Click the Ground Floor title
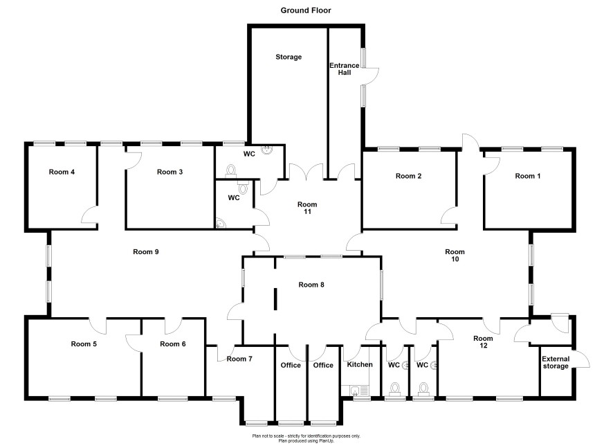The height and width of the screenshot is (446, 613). [306, 10]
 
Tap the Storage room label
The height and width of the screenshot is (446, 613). [289, 57]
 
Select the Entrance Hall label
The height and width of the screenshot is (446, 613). [345, 69]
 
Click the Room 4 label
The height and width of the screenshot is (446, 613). [62, 172]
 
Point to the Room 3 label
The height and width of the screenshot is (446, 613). [170, 172]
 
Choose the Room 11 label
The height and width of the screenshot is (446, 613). [307, 208]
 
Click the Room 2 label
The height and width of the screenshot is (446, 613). [408, 176]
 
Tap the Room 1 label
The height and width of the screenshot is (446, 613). [528, 176]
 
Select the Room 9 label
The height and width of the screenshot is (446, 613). [146, 251]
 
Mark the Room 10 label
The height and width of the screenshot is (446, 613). [455, 256]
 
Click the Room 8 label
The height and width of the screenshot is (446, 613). [311, 285]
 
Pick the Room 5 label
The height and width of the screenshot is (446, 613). [84, 344]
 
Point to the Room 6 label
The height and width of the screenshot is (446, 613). [173, 344]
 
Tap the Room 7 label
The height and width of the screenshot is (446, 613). [239, 359]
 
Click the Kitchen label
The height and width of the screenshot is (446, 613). [360, 364]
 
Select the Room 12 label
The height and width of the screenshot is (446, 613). [483, 342]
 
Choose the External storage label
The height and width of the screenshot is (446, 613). [556, 362]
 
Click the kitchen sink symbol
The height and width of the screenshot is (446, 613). [355, 390]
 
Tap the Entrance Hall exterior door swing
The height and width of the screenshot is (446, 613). [371, 75]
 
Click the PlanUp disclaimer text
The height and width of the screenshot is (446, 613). [306, 438]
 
